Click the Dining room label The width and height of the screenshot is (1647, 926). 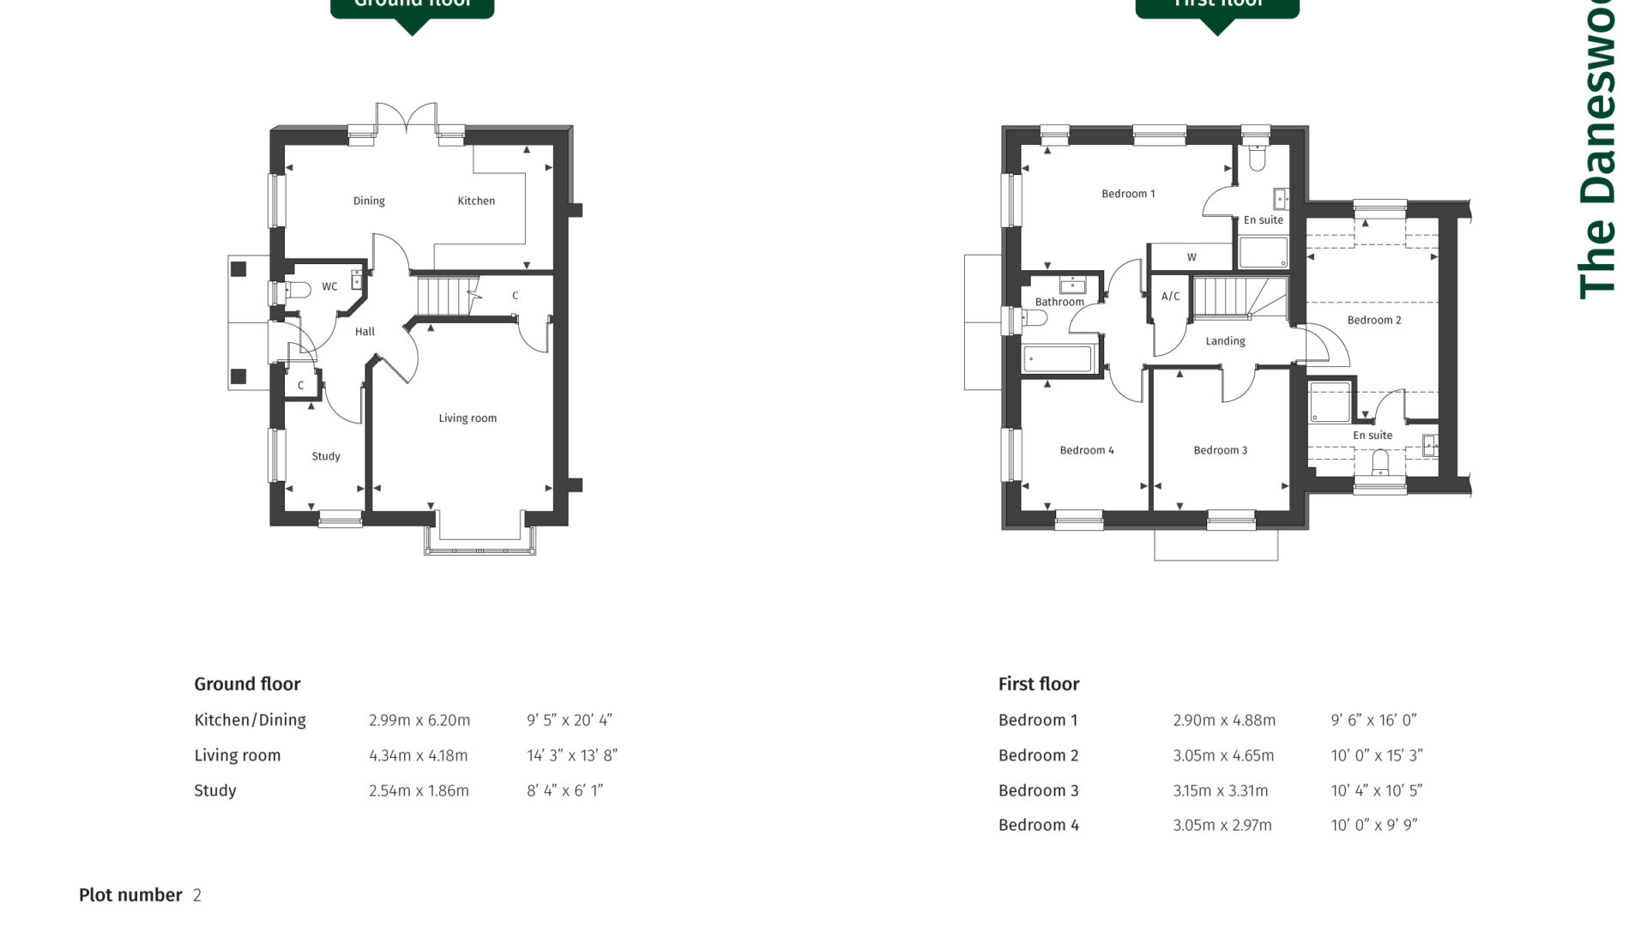(x=369, y=201)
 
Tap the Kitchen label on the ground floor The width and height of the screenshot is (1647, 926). (x=476, y=201)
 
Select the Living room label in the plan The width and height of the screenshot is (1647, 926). (x=468, y=418)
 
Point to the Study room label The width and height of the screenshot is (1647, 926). (x=326, y=456)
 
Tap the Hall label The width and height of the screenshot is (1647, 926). (x=365, y=332)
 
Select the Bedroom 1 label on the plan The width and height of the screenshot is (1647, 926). (x=1128, y=194)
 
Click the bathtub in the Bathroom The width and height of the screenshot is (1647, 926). (x=1058, y=359)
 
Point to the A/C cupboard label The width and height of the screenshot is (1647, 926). (x=1170, y=297)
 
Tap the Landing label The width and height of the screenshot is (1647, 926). (x=1225, y=341)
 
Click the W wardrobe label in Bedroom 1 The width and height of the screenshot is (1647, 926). (x=1192, y=257)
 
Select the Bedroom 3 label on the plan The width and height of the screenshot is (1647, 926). (x=1220, y=450)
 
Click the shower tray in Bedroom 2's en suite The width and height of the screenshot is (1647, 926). (x=1330, y=402)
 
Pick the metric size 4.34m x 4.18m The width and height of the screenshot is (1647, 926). (x=419, y=756)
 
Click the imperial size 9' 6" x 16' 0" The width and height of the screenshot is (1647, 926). (x=1373, y=721)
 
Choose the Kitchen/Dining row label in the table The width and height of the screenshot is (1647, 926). (x=250, y=721)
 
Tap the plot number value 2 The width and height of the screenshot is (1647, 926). (x=197, y=896)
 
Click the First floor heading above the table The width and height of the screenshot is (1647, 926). (x=1038, y=684)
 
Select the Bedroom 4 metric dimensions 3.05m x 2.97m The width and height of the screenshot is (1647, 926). (x=1222, y=826)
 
